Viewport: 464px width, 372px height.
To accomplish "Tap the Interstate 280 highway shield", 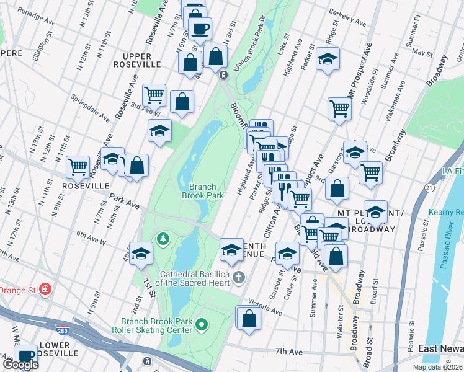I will click(x=62, y=328).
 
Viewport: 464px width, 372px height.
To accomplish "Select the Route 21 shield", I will click(x=429, y=187).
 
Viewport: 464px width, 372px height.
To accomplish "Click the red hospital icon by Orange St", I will click(x=45, y=290).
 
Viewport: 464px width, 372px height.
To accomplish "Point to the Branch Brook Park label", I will click(x=202, y=190).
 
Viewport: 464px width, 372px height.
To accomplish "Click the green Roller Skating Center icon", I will click(x=201, y=324).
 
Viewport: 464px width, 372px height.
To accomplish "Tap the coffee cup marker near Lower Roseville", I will click(x=25, y=355).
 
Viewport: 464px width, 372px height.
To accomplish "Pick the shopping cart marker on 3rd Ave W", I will click(x=154, y=95).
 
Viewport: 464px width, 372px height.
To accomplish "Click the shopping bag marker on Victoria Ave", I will click(x=248, y=319).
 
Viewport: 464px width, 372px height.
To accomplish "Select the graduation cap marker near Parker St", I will click(x=327, y=60).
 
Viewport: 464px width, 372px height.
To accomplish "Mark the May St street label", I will click(x=422, y=53).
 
